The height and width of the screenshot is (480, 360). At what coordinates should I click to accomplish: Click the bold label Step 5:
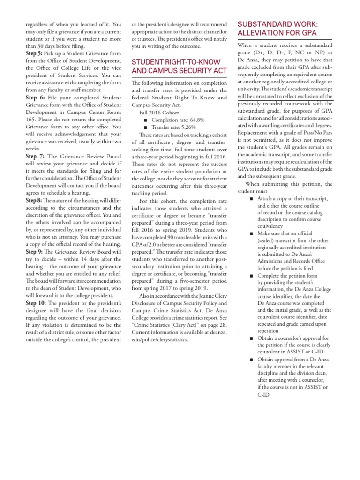tap(35, 53)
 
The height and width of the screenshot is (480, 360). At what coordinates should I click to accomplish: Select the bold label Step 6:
tap(35, 97)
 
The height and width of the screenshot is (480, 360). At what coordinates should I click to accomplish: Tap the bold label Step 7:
tap(35, 156)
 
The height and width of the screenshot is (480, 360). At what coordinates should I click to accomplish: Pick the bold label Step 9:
tap(35, 251)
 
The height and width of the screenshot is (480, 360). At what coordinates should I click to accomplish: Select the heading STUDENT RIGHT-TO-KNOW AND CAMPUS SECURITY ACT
tap(180, 67)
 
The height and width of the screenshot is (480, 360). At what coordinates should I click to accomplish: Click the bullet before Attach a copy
tap(251, 199)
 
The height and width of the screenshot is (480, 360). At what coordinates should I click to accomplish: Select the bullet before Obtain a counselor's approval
tap(251, 338)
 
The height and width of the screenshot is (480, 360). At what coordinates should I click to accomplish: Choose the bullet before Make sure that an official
tap(251, 233)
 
